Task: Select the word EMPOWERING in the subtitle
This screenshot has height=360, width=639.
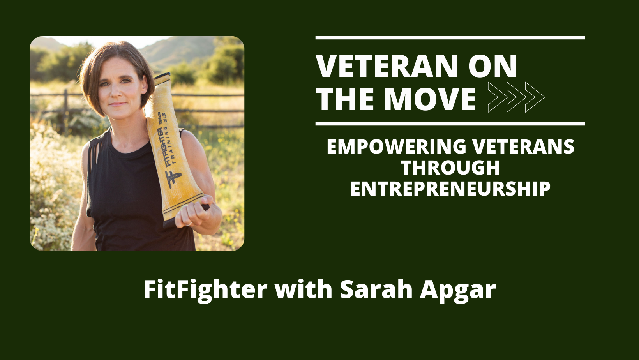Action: [396, 146]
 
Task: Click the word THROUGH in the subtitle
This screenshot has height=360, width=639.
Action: [450, 168]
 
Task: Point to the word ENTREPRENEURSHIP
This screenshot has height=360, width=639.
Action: [450, 189]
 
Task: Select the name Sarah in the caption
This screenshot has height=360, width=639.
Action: [376, 289]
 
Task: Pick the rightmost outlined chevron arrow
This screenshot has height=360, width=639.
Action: [535, 97]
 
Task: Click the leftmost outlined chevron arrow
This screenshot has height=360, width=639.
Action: [498, 97]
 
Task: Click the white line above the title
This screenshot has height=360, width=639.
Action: [450, 38]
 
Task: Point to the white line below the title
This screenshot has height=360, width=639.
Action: [450, 124]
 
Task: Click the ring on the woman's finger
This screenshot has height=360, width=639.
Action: [189, 224]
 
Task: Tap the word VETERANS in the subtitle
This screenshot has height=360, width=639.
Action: [523, 146]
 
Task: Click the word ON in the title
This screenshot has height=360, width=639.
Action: [492, 66]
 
